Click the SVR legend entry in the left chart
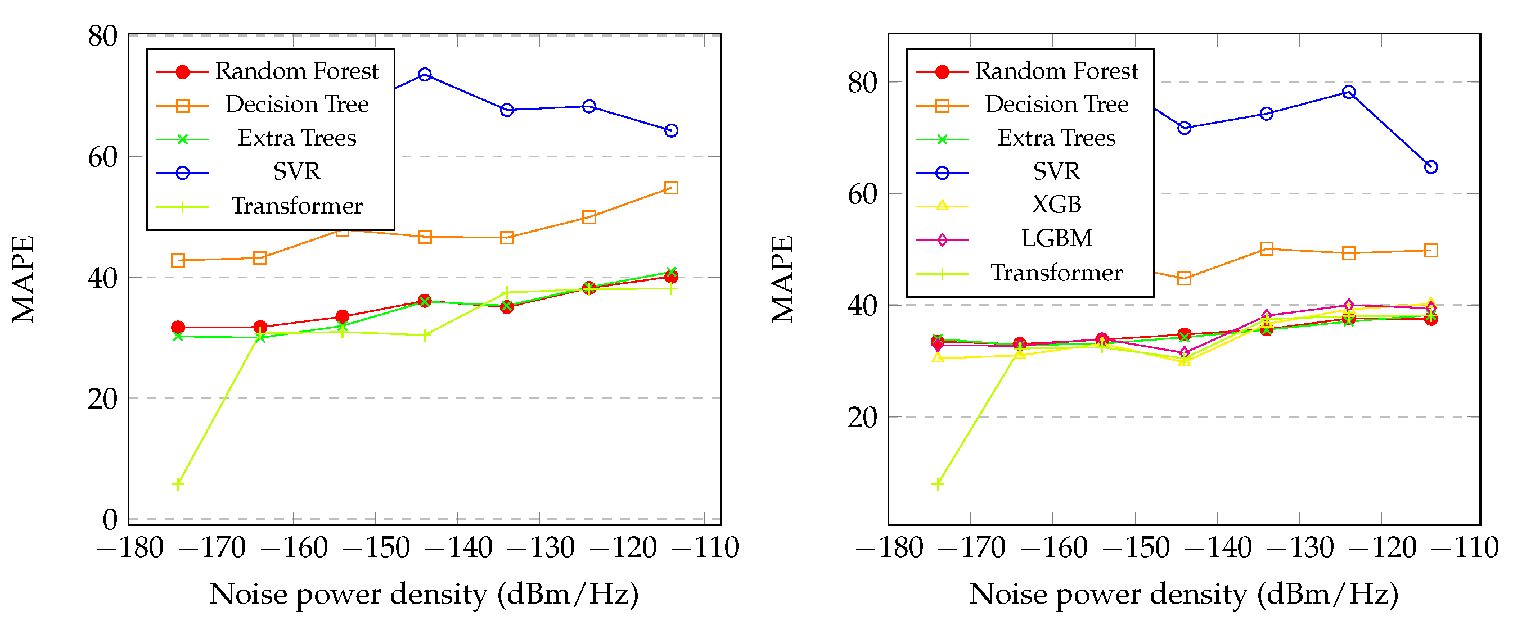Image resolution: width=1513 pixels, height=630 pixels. [x=296, y=172]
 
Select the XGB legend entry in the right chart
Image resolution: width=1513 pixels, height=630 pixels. [x=1056, y=205]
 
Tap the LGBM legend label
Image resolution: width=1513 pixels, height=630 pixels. [x=1056, y=239]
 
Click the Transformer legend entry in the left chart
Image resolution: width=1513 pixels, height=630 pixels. [x=296, y=206]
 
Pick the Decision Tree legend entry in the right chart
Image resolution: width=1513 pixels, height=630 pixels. [x=1056, y=105]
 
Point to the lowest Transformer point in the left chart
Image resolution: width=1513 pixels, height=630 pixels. [x=178, y=484]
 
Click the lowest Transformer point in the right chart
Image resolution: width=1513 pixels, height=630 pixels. [x=938, y=484]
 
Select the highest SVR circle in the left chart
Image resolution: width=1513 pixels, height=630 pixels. [x=425, y=75]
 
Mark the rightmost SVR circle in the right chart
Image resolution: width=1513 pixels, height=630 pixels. [x=1431, y=167]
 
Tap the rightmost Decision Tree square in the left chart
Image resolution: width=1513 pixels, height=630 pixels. [x=671, y=188]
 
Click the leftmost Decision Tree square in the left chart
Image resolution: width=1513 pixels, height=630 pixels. [x=178, y=260]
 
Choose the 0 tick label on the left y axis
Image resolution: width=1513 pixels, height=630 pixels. [x=110, y=520]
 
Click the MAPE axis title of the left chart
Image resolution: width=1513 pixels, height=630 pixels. [x=24, y=279]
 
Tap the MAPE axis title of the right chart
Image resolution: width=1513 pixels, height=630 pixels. [x=783, y=279]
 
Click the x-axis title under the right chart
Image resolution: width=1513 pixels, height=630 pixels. [x=1183, y=594]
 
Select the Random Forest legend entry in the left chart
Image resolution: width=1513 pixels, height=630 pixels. [x=296, y=71]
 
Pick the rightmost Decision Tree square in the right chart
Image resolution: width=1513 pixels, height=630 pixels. [x=1431, y=251]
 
